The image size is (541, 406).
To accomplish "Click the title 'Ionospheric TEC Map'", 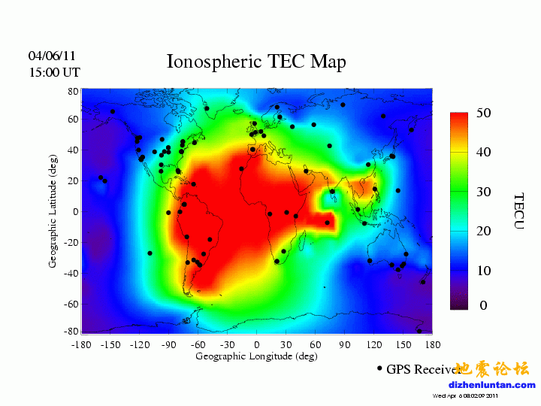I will click(256, 62).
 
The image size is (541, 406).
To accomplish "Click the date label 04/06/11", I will click(52, 56).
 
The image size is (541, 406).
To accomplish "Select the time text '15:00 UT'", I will click(54, 73).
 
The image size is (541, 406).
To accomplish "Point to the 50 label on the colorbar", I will click(484, 113).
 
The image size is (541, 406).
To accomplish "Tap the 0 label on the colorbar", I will click(484, 305).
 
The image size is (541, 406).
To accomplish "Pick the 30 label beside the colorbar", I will click(484, 192).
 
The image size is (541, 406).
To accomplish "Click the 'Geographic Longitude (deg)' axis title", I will click(256, 356).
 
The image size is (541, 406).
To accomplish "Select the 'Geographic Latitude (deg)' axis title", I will click(53, 211).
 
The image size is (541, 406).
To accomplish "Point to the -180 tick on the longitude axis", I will click(81, 344).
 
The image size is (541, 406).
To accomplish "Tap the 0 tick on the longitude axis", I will click(257, 344).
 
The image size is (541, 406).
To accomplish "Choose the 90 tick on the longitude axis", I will click(345, 344).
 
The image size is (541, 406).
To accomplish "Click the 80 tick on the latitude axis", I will click(73, 90).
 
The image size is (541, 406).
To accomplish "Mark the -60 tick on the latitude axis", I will click(71, 304).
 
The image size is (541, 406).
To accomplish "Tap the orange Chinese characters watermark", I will click(492, 368).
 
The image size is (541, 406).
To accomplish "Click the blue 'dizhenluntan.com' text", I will click(492, 385).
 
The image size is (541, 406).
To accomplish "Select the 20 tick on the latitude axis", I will click(73, 181).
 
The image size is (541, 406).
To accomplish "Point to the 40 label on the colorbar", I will click(484, 152).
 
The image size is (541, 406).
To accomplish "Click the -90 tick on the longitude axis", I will click(168, 344).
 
